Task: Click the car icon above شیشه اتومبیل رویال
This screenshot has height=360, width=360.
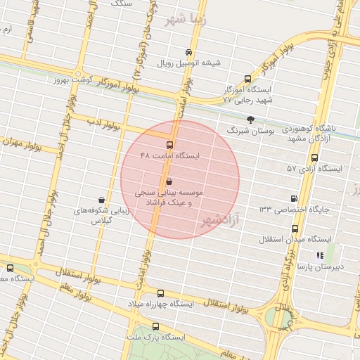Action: [188, 52]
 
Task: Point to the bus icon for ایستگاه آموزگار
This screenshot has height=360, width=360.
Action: [247, 79]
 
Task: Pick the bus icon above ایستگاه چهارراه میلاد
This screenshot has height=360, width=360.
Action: [161, 293]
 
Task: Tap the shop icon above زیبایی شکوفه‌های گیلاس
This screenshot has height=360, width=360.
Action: [103, 200]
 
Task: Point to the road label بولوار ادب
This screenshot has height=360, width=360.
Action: [105, 126]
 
